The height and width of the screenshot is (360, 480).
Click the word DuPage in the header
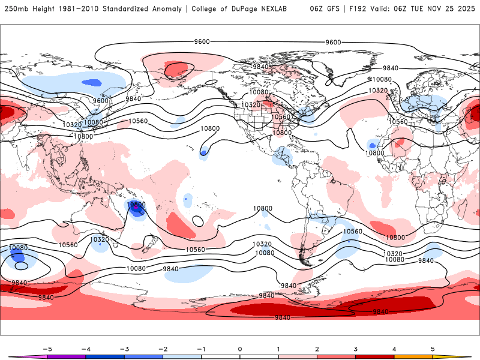coord(244,9)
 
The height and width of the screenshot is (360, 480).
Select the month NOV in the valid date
coord(436,9)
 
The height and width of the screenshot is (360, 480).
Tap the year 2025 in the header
coord(464,9)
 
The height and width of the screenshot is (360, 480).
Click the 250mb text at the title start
coord(14,9)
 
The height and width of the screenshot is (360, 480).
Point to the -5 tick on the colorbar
coord(47,348)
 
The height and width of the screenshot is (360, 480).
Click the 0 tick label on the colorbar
coord(240,348)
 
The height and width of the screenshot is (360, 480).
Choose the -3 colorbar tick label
coord(124,348)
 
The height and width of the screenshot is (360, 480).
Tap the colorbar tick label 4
coord(394,348)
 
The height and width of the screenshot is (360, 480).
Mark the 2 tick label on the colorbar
coord(317,348)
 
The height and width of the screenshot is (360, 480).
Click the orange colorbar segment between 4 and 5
coord(413,357)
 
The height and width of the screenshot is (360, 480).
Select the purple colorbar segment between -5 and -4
coord(67,357)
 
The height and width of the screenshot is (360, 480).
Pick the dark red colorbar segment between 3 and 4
coord(375,357)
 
